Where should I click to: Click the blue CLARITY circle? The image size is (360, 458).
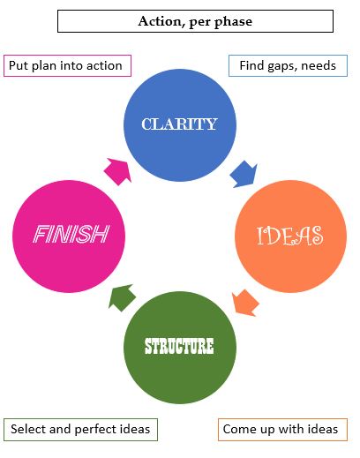point(180,125)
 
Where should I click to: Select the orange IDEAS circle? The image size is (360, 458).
point(290,237)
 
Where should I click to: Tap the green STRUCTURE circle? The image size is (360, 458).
point(180,348)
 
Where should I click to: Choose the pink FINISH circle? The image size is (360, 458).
point(69,237)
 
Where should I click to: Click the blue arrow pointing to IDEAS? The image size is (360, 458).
point(244,174)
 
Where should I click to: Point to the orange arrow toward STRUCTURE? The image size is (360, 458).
point(245,303)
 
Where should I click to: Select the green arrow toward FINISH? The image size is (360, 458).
point(122,297)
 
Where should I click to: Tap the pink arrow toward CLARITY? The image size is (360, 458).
point(117,172)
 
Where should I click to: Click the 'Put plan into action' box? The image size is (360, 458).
point(67,65)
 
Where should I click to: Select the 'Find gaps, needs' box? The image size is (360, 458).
point(288,65)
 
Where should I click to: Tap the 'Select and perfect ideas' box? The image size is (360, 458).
point(80,430)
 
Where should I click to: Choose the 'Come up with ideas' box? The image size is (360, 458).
point(282,430)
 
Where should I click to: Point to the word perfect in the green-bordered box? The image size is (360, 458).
point(96,430)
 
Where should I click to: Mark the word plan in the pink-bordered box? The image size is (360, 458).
point(41,66)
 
